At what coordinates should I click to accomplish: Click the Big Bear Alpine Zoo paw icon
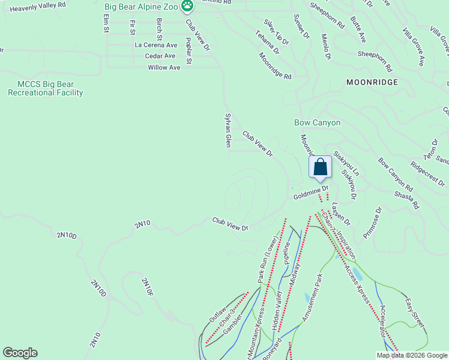pyautogui.click(x=188, y=6)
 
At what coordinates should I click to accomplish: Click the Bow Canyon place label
pyautogui.click(x=317, y=122)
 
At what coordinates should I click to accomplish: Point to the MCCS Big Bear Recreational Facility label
pyautogui.click(x=45, y=88)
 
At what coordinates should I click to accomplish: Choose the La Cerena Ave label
pyautogui.click(x=156, y=45)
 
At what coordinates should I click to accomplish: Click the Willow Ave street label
pyautogui.click(x=164, y=68)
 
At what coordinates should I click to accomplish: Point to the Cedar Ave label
pyautogui.click(x=160, y=56)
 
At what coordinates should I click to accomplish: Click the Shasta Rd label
pyautogui.click(x=407, y=199)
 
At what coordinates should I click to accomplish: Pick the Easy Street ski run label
pyautogui.click(x=414, y=313)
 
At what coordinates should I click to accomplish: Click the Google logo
pyautogui.click(x=20, y=353)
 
